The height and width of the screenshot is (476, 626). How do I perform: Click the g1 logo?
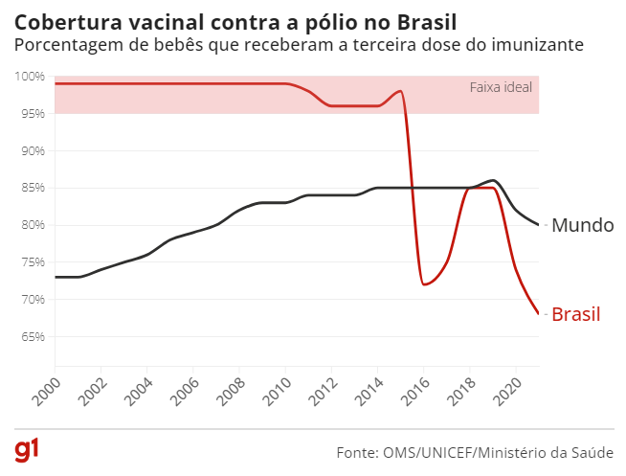click(26, 450)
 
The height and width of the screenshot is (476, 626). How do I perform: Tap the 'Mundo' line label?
click(583, 226)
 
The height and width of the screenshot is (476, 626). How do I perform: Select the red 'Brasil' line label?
click(576, 314)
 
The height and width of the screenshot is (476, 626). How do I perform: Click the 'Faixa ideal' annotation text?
click(500, 87)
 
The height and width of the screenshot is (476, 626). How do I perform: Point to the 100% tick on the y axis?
click(30, 77)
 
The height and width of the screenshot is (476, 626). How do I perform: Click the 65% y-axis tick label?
click(32, 337)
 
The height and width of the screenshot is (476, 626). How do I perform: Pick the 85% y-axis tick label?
click(32, 188)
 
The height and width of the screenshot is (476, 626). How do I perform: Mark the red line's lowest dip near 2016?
click(424, 284)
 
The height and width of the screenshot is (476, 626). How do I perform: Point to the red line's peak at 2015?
click(400, 91)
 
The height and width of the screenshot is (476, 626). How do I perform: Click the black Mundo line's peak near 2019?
click(493, 180)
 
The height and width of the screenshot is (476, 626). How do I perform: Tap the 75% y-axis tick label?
click(32, 262)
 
